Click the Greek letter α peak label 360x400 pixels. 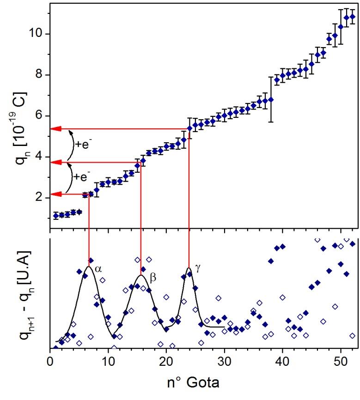tap(98, 267)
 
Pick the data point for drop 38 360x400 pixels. tap(271, 99)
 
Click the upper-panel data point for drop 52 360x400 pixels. tap(352, 17)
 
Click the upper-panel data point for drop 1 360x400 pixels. tap(56, 215)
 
